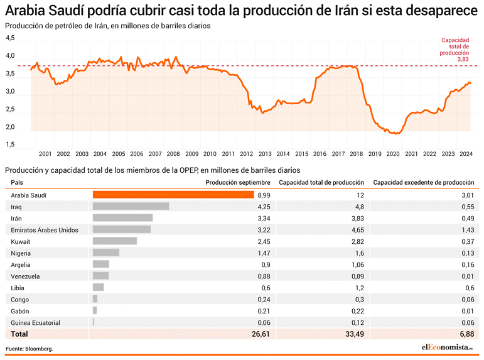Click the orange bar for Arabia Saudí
(173, 195)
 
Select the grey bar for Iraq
(131, 206)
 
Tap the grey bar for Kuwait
(115, 241)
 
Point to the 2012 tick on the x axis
(247, 153)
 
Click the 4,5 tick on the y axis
(10, 38)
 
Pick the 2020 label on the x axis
(393, 153)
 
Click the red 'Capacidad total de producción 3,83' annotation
(455, 50)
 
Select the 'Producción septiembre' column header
(238, 183)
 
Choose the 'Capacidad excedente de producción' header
(424, 183)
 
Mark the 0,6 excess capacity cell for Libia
(470, 288)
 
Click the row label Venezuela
(26, 276)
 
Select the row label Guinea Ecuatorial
(36, 323)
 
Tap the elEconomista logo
(448, 347)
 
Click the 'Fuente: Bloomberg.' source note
(30, 349)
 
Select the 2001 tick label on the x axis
(45, 153)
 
